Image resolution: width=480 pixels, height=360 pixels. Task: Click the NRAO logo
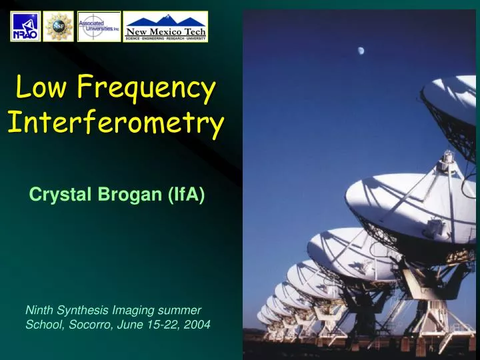[25, 27]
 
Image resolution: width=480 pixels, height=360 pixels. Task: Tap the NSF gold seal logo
[59, 27]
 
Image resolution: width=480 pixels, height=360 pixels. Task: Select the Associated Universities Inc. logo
[99, 27]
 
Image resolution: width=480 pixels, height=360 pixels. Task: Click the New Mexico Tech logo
[166, 27]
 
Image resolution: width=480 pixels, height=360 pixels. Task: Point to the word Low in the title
[41, 87]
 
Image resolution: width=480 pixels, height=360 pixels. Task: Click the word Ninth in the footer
[38, 310]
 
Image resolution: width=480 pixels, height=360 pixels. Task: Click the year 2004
[198, 325]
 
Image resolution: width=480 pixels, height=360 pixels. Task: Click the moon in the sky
[361, 50]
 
